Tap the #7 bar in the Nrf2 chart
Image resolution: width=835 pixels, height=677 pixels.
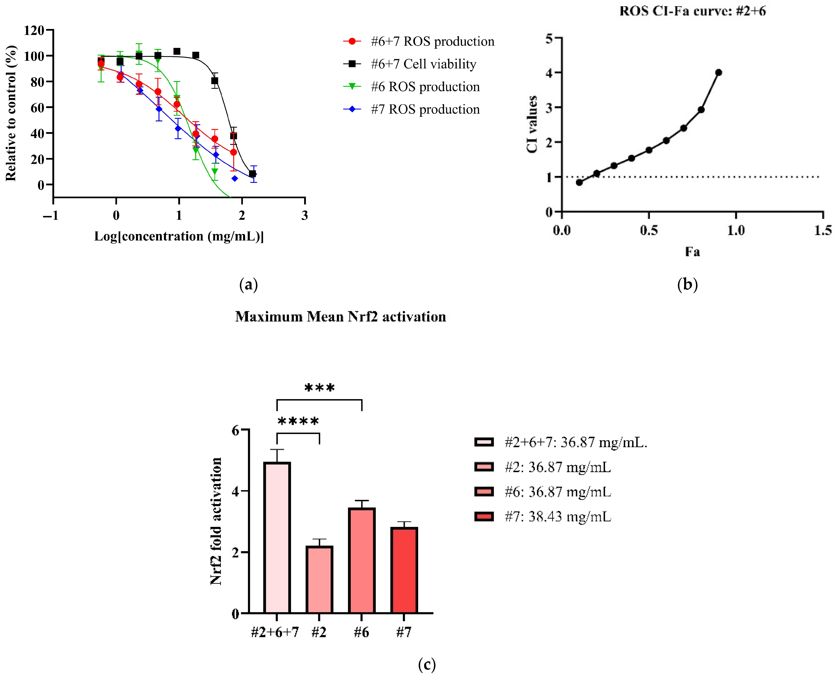coord(404,570)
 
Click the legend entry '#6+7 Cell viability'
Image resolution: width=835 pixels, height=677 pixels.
coord(423,64)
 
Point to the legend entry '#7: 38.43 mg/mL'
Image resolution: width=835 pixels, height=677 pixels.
coord(558,517)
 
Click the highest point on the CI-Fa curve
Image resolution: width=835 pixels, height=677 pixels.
coord(718,72)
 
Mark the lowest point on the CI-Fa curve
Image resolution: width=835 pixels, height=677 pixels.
coord(579,182)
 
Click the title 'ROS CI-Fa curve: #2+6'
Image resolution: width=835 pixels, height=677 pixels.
coord(693,11)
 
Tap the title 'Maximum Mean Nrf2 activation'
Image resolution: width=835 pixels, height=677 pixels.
coord(340,317)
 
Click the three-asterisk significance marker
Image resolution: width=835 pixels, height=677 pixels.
coord(319,388)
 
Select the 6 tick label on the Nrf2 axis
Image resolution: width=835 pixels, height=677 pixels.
coord(235,430)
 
